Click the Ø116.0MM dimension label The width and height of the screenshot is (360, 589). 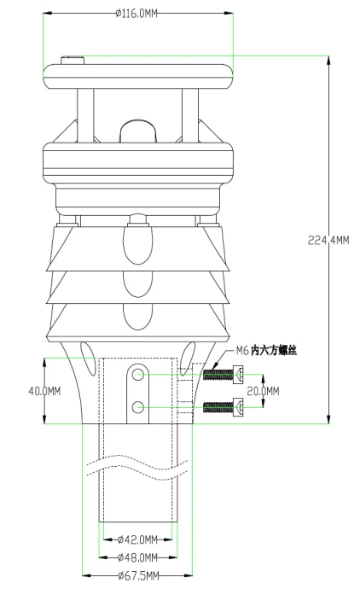(136, 14)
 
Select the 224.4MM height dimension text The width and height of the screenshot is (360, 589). (328, 240)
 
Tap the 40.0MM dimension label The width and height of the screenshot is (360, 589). (44, 391)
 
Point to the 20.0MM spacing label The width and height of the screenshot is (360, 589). (263, 391)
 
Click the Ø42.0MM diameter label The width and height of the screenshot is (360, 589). (137, 539)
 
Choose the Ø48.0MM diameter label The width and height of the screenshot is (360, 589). (137, 557)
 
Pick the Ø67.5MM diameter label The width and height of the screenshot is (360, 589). (138, 575)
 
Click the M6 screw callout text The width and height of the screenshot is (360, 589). (266, 351)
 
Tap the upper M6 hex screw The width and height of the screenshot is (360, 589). (223, 375)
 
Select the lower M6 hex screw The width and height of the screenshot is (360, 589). (223, 407)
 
